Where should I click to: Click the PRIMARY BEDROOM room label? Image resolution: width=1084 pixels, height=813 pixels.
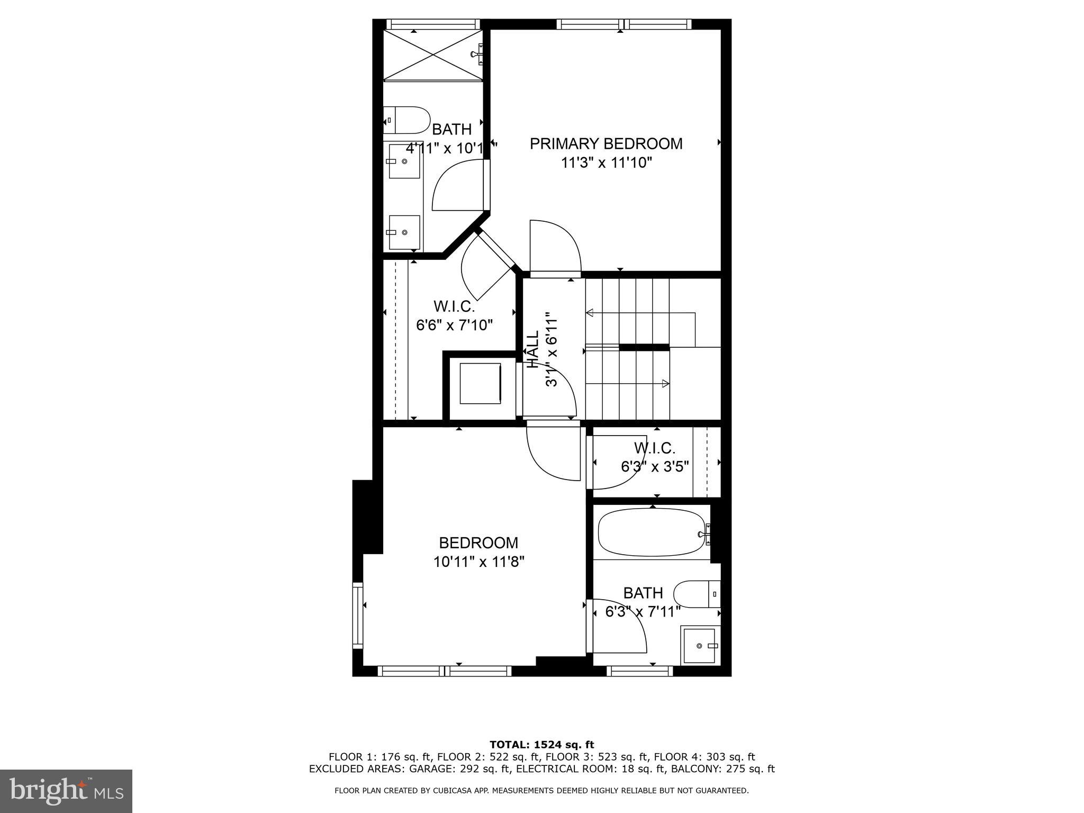click(606, 143)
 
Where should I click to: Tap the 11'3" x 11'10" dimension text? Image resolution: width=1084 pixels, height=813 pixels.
click(606, 162)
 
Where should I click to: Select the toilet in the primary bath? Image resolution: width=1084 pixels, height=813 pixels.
click(406, 120)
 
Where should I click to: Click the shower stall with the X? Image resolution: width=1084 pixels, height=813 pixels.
click(432, 55)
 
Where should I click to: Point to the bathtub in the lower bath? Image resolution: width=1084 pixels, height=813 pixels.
click(652, 533)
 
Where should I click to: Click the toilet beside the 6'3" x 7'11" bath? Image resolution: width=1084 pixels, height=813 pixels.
click(698, 594)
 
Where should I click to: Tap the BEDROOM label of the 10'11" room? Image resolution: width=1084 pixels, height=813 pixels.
click(478, 543)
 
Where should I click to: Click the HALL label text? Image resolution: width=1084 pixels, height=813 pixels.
click(532, 349)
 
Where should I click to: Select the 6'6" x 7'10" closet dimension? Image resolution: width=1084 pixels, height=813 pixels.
click(455, 324)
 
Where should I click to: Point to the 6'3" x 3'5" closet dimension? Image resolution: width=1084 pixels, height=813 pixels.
click(655, 466)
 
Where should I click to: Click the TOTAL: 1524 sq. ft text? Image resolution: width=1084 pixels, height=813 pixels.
click(541, 745)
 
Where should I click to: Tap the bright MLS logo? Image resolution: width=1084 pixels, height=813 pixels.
click(66, 791)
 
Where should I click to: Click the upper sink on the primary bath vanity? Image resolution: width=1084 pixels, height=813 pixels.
click(405, 161)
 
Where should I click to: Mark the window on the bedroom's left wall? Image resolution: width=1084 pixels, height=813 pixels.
click(358, 615)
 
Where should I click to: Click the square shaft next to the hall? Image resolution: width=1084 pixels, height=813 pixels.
click(480, 383)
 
